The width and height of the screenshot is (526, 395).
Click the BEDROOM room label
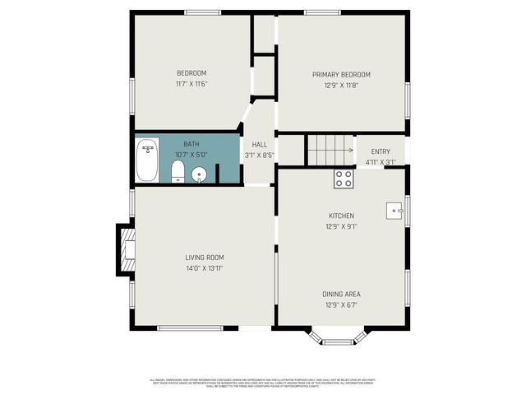pyautogui.click(x=191, y=73)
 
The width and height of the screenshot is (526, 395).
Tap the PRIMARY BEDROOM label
pyautogui.click(x=341, y=75)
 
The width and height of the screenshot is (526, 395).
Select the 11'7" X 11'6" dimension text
pyautogui.click(x=191, y=84)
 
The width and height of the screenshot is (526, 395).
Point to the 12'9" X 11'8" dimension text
pyautogui.click(x=341, y=86)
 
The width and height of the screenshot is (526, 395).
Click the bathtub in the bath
pyautogui.click(x=148, y=160)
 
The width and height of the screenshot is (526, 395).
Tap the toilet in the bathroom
pyautogui.click(x=178, y=172)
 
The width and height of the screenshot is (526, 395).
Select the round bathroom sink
pyautogui.click(x=199, y=174)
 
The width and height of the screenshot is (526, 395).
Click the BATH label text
pyautogui.click(x=191, y=144)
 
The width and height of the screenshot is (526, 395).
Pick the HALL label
pyautogui.click(x=259, y=145)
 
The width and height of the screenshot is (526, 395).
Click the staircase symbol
pyautogui.click(x=330, y=151)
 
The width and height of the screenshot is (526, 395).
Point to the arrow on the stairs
pyautogui.click(x=350, y=151)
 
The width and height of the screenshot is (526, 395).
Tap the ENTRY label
pyautogui.click(x=381, y=151)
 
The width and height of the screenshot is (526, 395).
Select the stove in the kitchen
pyautogui.click(x=344, y=178)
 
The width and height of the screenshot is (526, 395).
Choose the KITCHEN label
pyautogui.click(x=341, y=216)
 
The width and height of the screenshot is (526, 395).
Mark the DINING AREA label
pyautogui.click(x=341, y=294)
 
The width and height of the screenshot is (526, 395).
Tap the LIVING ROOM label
pyautogui.click(x=205, y=258)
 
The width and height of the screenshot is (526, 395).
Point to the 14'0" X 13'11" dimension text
pyautogui.click(x=205, y=268)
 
